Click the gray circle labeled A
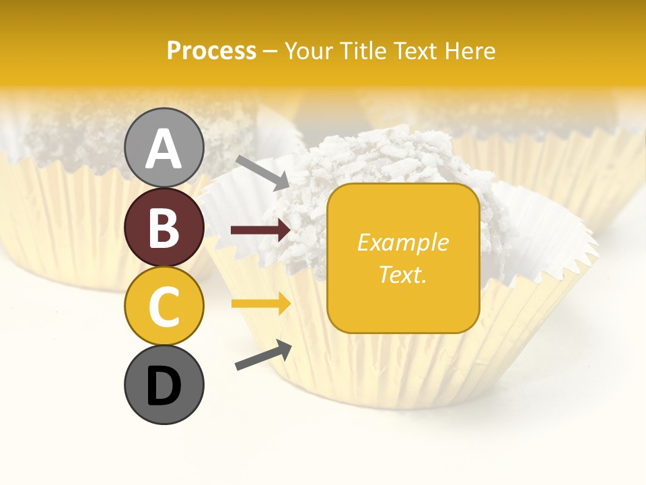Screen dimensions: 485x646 (164, 148)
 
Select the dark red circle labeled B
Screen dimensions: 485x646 (164, 227)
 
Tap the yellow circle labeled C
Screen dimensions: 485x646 (164, 306)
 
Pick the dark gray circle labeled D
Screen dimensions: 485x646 (164, 385)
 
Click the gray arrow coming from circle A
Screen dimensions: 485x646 (262, 172)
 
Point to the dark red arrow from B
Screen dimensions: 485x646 (260, 230)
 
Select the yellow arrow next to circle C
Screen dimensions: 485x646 (260, 304)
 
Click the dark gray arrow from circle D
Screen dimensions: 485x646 (263, 355)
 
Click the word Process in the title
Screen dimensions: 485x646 (211, 51)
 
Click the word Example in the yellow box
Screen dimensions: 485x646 (402, 243)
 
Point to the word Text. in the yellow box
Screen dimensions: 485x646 (402, 274)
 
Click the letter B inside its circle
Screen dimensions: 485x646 (164, 228)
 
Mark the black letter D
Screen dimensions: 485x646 (164, 385)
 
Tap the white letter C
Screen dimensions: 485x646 (164, 306)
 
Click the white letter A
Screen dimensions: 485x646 (164, 149)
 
